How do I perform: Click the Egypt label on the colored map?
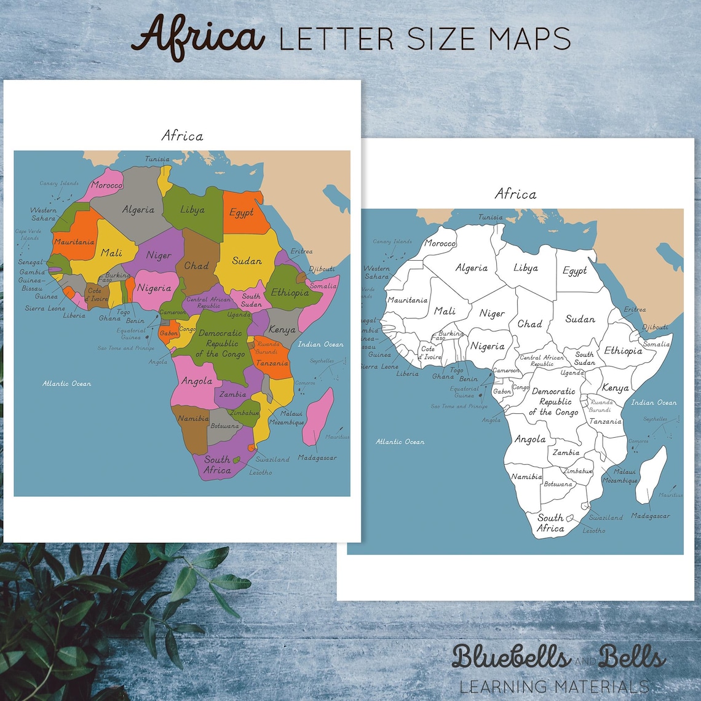tap(242, 213)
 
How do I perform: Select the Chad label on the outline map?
tap(529, 323)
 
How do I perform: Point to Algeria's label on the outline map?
tap(472, 268)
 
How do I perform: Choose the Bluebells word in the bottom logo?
tap(510, 656)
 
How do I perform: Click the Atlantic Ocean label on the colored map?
tap(66, 384)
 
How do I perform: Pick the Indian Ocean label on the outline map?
tap(654, 403)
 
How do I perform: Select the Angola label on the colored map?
tap(197, 381)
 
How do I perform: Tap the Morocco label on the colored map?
tap(107, 184)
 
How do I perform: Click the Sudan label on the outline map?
tap(580, 319)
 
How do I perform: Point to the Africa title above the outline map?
tap(515, 194)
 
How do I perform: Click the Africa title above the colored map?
tap(182, 135)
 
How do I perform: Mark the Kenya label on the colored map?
tap(282, 330)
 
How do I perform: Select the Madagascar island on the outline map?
tap(651, 473)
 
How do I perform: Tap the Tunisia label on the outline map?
tap(491, 217)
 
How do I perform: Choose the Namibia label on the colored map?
tap(193, 419)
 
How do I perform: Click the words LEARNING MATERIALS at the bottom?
tap(553, 686)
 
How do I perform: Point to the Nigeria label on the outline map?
tap(488, 346)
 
